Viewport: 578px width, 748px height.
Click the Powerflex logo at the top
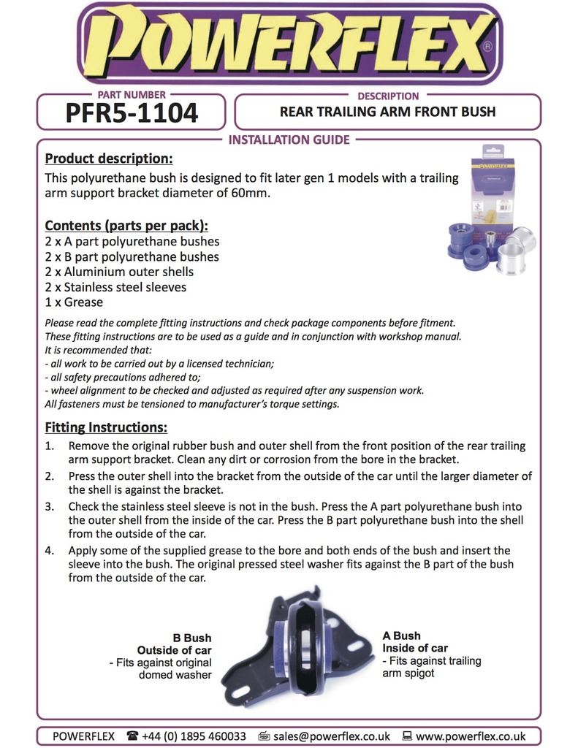[289, 44]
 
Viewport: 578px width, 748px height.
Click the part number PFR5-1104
[132, 113]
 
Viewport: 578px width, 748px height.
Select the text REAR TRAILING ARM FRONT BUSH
[387, 112]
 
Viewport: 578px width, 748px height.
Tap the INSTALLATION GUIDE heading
[289, 140]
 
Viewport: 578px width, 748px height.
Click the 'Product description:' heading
[109, 159]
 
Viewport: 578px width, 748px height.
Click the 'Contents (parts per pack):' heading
[126, 225]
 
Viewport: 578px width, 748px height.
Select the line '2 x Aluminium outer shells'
[119, 272]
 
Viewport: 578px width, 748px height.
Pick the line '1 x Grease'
[74, 302]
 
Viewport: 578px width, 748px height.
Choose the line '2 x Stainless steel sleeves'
[115, 287]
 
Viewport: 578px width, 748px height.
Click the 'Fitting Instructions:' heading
[106, 427]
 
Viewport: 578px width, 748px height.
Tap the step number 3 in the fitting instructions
[50, 506]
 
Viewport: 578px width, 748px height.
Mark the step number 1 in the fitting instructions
[50, 446]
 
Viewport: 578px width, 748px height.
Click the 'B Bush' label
[192, 638]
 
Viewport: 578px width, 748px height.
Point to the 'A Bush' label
[401, 636]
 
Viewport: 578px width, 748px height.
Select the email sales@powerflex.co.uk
[330, 736]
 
